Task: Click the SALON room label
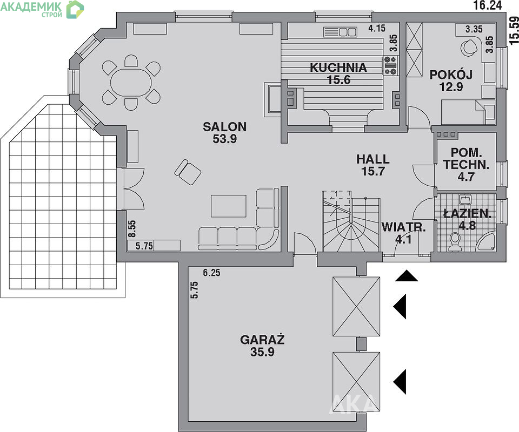[x=225, y=126]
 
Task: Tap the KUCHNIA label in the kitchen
[x=338, y=67]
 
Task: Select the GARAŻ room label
[x=263, y=340]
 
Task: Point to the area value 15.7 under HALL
[x=372, y=172]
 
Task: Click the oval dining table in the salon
[x=131, y=83]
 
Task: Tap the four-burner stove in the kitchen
[x=390, y=65]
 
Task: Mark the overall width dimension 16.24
[x=488, y=5]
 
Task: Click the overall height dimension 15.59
[x=514, y=30]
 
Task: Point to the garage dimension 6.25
[x=211, y=273]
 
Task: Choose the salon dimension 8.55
[x=132, y=229]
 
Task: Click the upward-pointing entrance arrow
[x=407, y=275]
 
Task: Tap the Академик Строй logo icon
[x=75, y=9]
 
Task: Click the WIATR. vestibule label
[x=403, y=227]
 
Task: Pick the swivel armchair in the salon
[x=188, y=172]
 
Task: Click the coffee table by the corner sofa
[x=228, y=206]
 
